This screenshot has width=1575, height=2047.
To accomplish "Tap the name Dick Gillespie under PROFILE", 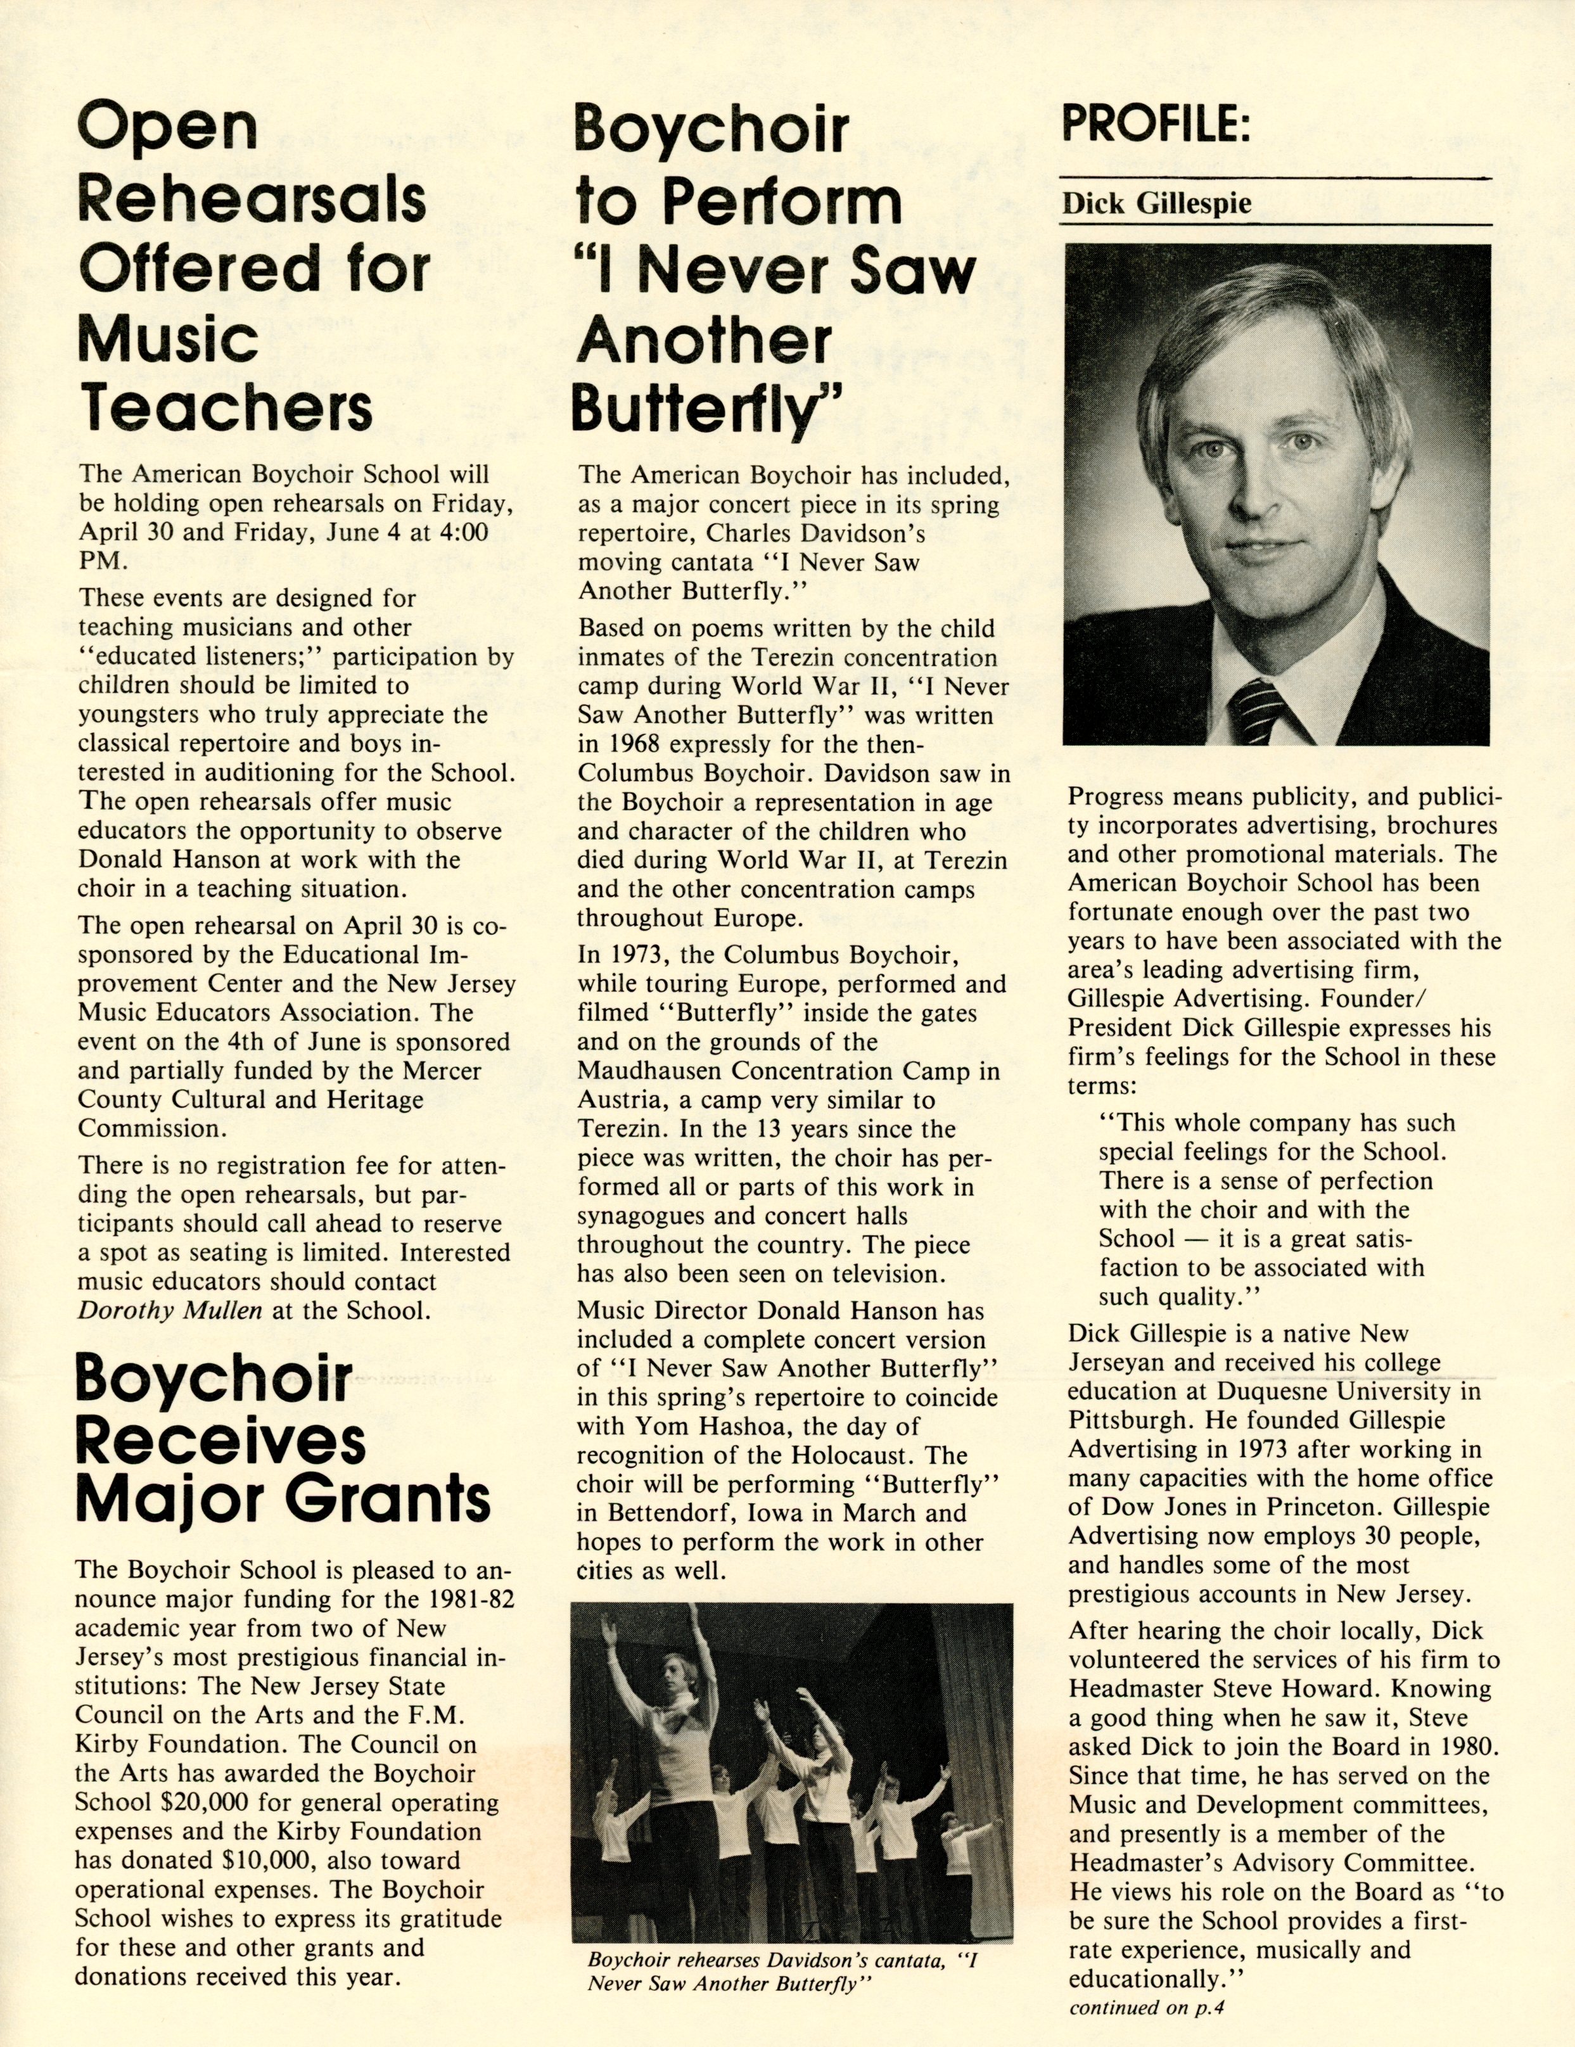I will point(1156,203).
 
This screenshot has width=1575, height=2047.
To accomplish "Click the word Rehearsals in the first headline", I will point(252,199).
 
